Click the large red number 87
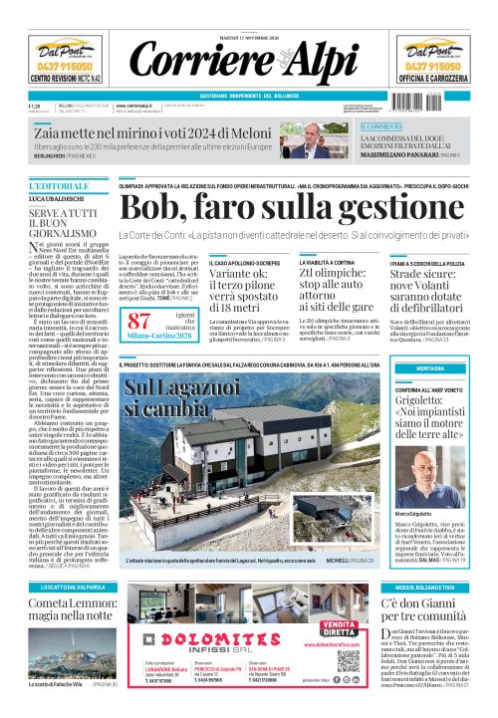pyautogui.click(x=139, y=321)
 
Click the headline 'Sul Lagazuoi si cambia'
pyautogui.click(x=181, y=397)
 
